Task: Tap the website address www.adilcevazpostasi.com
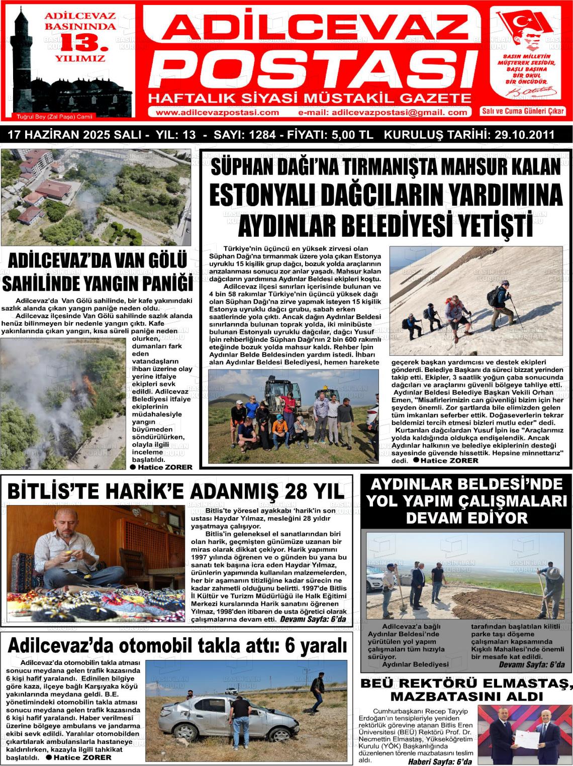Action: tap(217, 113)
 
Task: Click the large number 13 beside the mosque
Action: tap(81, 42)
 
